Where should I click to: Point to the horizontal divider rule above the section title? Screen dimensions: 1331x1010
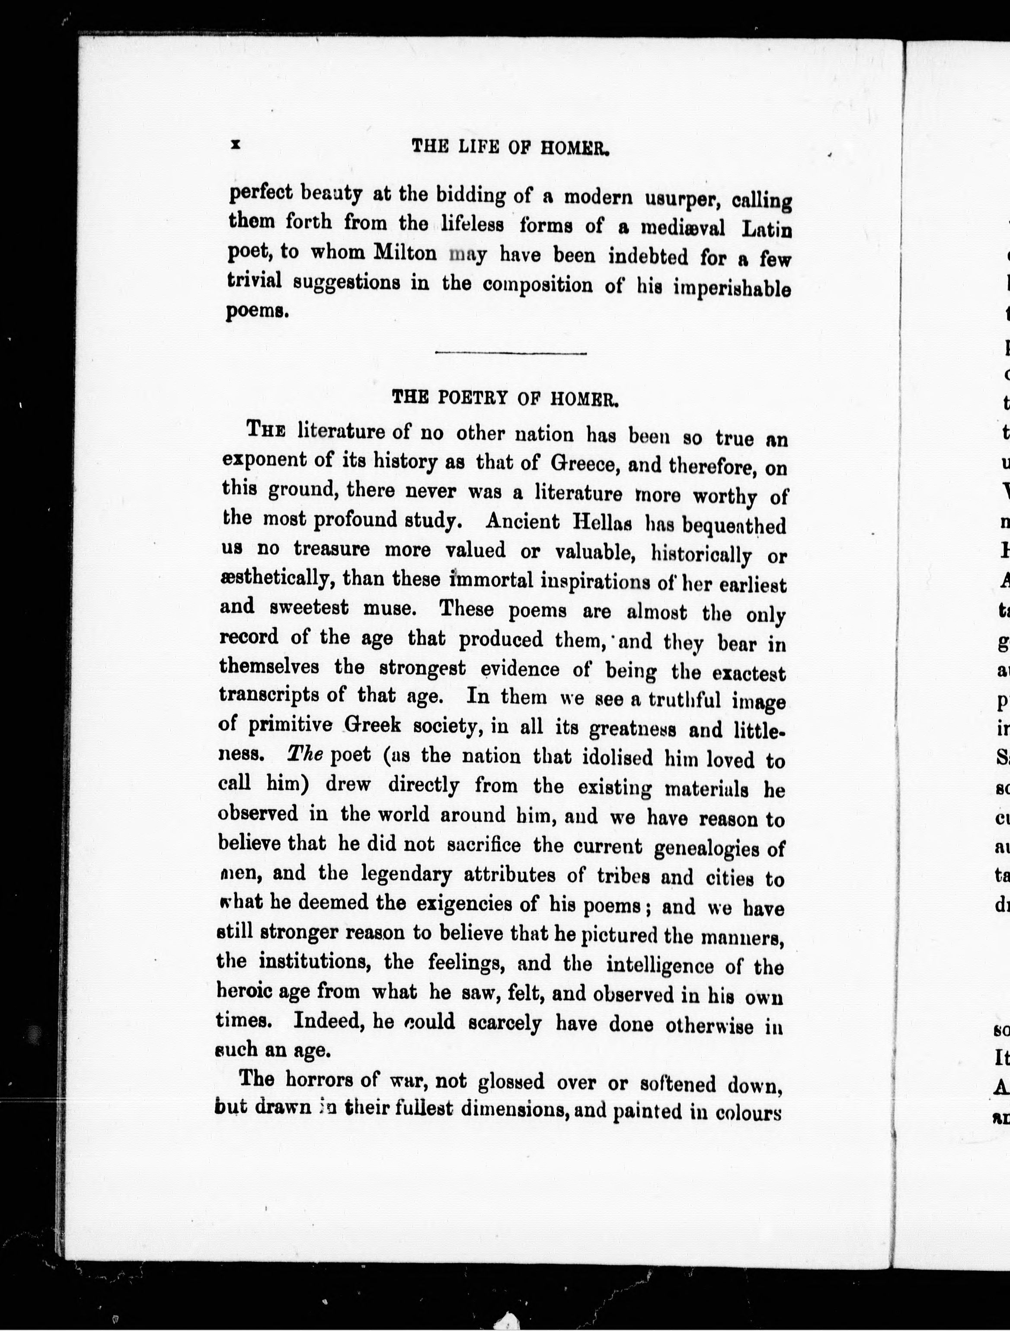[x=511, y=353]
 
